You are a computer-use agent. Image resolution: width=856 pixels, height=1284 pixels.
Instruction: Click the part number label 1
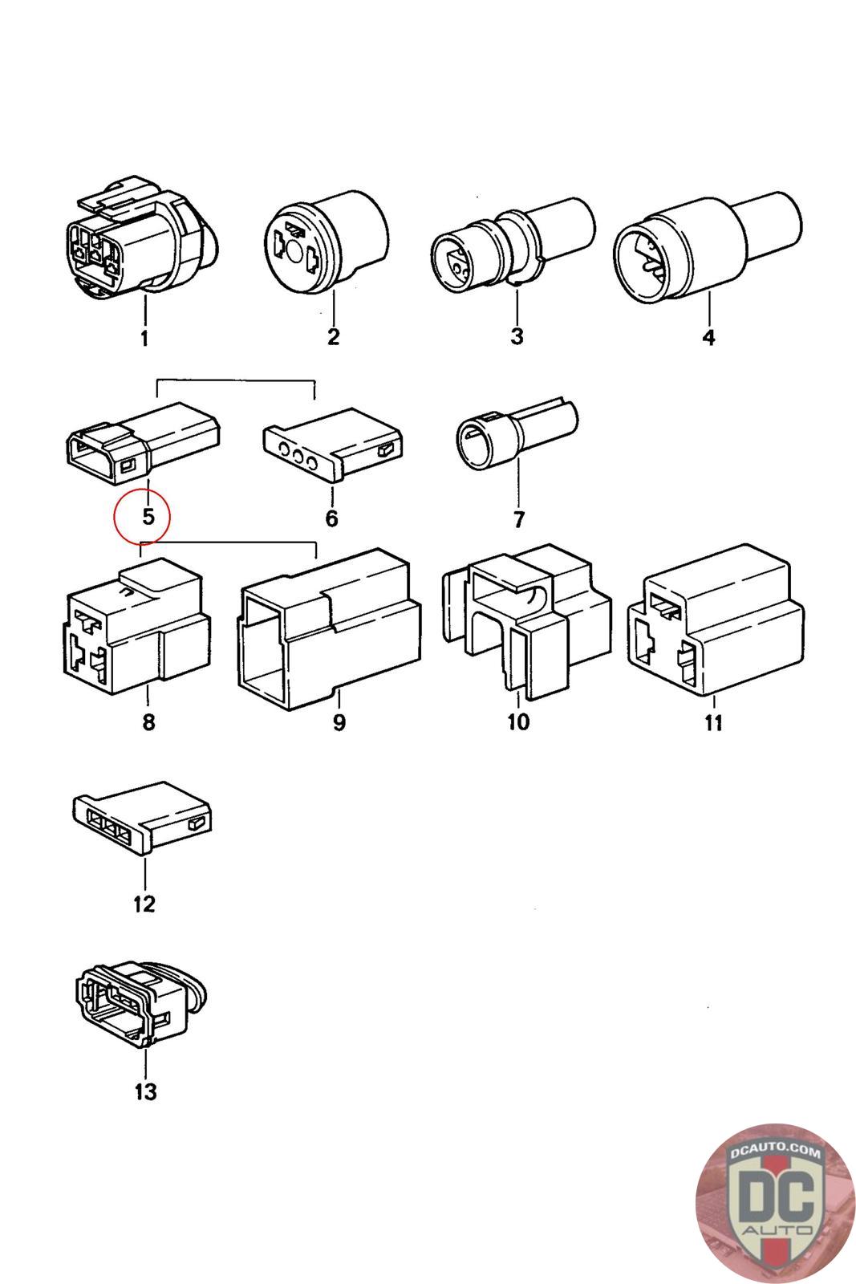144,339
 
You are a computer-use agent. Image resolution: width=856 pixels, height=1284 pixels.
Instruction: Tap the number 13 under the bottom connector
145,1091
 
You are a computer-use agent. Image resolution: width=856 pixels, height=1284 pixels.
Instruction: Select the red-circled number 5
148,516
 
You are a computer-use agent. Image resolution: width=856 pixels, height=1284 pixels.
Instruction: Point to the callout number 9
339,722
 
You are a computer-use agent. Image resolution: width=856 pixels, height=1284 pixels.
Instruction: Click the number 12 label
144,904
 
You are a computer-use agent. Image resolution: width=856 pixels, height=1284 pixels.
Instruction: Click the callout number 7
518,520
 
